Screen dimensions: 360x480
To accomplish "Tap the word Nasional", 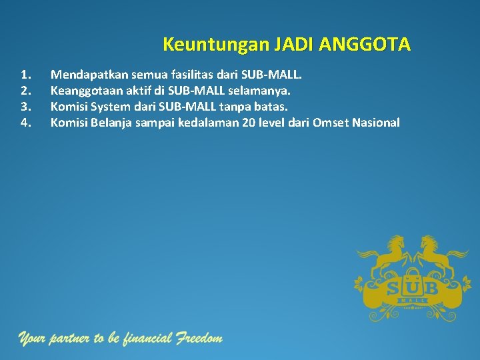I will [x=373, y=122].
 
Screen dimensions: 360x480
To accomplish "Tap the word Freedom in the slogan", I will [x=199, y=339].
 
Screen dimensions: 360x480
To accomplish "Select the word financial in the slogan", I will [x=146, y=339].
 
